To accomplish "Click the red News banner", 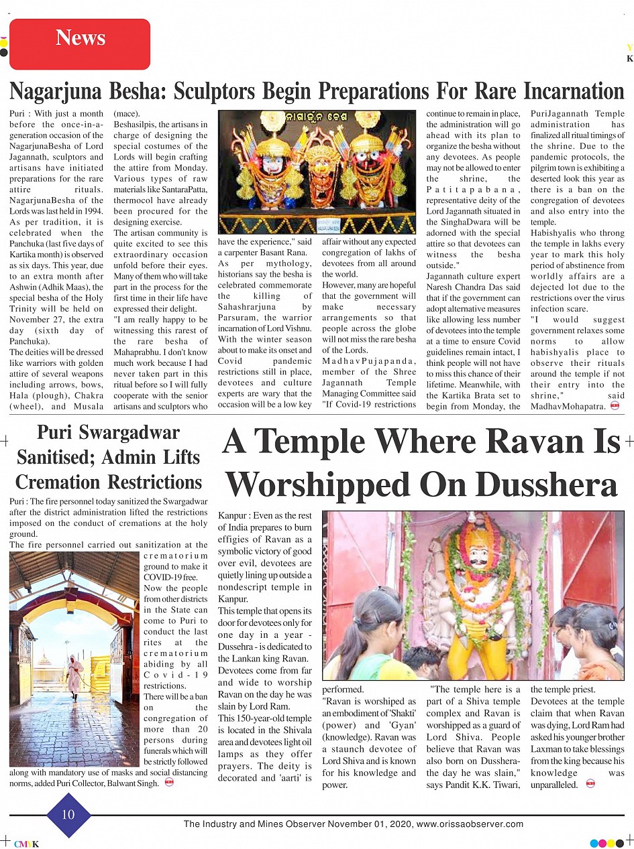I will [x=80, y=38].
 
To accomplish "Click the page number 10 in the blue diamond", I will [x=68, y=814].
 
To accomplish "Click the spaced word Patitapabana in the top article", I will [x=473, y=190].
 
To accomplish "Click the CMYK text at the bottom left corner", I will [x=26, y=844].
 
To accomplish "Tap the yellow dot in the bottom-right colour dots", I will [x=612, y=843].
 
